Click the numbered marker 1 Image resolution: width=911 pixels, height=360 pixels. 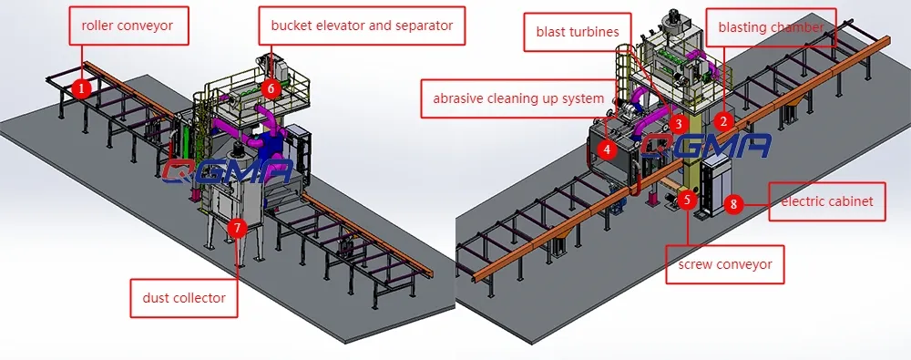tap(81, 88)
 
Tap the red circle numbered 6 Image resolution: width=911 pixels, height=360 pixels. tap(270, 88)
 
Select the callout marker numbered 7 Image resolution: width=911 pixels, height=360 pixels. tap(237, 228)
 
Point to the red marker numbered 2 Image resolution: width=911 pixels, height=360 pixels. tap(722, 119)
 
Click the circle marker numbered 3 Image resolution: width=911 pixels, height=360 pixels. tap(676, 122)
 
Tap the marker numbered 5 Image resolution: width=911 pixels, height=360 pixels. tap(688, 198)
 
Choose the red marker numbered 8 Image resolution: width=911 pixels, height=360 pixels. tap(733, 203)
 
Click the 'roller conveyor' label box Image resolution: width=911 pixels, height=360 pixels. tap(128, 26)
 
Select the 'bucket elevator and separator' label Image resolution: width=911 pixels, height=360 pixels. tap(362, 26)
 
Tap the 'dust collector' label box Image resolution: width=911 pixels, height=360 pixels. tap(183, 298)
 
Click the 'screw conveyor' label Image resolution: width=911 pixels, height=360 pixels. tap(725, 265)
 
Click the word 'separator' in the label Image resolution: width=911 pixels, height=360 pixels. tap(422, 26)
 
